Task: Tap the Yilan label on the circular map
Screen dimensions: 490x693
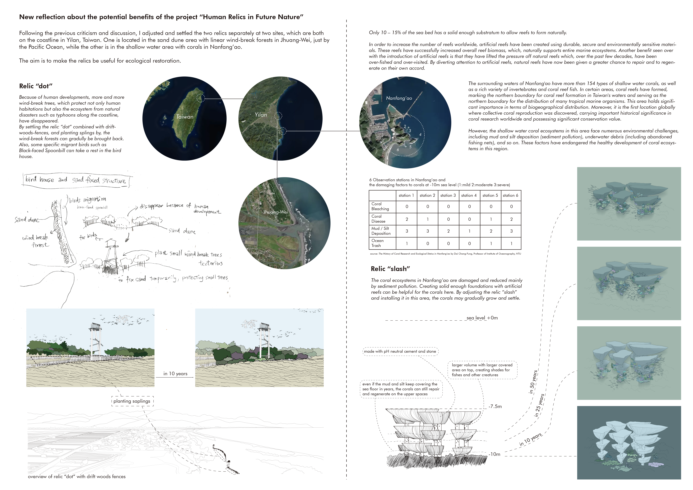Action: pyautogui.click(x=261, y=115)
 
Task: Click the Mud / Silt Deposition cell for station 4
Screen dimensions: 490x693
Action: pyautogui.click(x=469, y=231)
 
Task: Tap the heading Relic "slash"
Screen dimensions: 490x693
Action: pyautogui.click(x=390, y=269)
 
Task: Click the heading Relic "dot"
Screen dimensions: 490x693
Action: pyautogui.click(x=36, y=86)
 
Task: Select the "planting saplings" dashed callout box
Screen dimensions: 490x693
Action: pyautogui.click(x=132, y=401)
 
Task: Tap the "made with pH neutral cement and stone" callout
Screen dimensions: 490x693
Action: pyautogui.click(x=400, y=351)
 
